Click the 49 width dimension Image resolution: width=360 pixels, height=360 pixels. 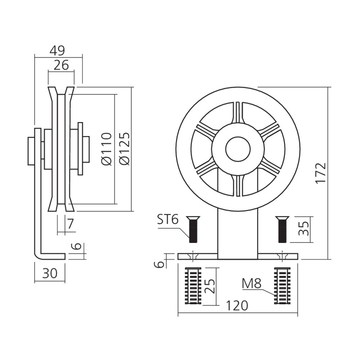(57, 50)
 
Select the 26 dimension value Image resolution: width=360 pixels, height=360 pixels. (61, 65)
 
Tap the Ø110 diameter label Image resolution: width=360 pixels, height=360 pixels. (106, 149)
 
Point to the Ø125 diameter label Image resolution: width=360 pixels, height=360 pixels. (124, 149)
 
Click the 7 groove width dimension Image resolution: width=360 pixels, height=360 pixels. (70, 224)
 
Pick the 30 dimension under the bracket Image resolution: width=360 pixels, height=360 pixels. (50, 274)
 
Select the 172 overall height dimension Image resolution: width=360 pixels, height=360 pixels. (320, 173)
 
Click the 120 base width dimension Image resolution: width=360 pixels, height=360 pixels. (238, 306)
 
